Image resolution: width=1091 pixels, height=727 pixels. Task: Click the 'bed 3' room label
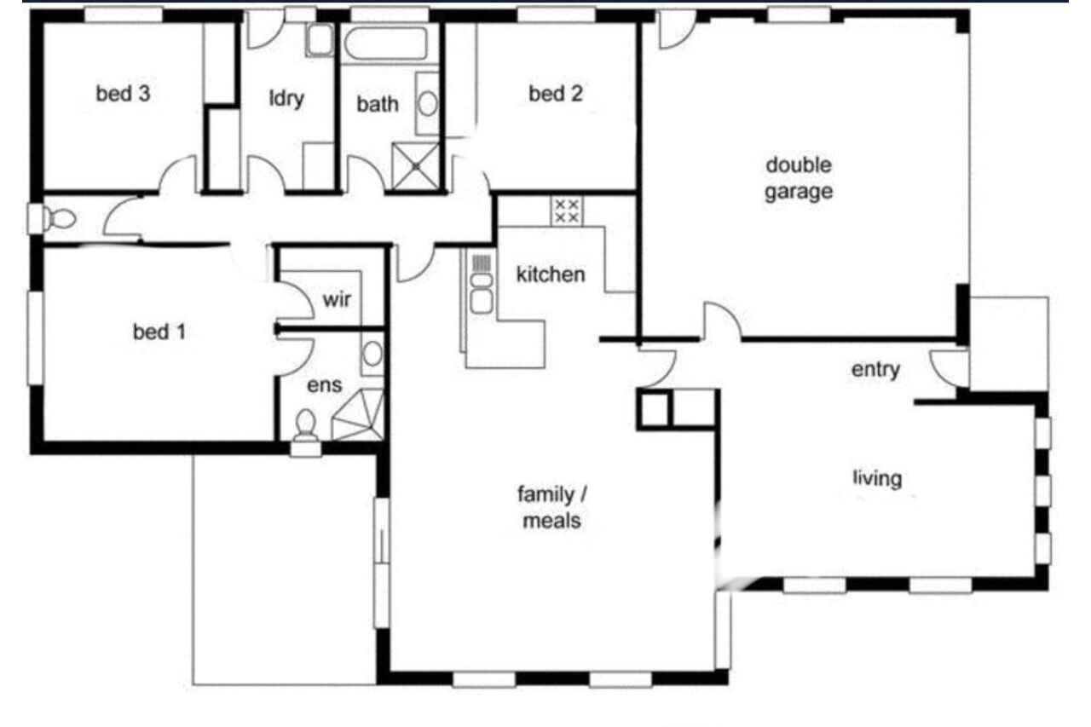pyautogui.click(x=123, y=94)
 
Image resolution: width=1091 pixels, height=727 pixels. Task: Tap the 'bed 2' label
pyautogui.click(x=556, y=94)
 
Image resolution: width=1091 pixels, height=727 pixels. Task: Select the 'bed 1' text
pyautogui.click(x=159, y=332)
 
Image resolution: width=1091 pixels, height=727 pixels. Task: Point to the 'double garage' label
pyautogui.click(x=799, y=178)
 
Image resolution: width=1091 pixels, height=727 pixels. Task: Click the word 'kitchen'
pyautogui.click(x=551, y=274)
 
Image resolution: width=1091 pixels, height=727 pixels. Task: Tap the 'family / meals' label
pyautogui.click(x=551, y=507)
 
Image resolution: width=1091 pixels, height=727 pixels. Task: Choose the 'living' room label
pyautogui.click(x=877, y=478)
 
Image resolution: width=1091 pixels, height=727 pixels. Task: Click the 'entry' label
pyautogui.click(x=875, y=370)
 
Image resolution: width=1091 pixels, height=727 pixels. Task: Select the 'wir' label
pyautogui.click(x=337, y=299)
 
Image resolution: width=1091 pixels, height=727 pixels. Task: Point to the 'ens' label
pyautogui.click(x=325, y=385)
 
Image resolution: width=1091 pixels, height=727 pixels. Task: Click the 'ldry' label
pyautogui.click(x=286, y=99)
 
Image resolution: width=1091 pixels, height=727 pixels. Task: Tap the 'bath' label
pyautogui.click(x=378, y=104)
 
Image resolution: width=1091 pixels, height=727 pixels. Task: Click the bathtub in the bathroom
pyautogui.click(x=386, y=43)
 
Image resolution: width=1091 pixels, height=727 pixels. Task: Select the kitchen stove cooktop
pyautogui.click(x=567, y=211)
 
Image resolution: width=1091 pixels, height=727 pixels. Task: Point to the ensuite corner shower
pyautogui.click(x=359, y=414)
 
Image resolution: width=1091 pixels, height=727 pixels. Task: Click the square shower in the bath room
pyautogui.click(x=415, y=166)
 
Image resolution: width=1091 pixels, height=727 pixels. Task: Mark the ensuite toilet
pyautogui.click(x=306, y=432)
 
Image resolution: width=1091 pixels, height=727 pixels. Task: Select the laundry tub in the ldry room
pyautogui.click(x=320, y=40)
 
